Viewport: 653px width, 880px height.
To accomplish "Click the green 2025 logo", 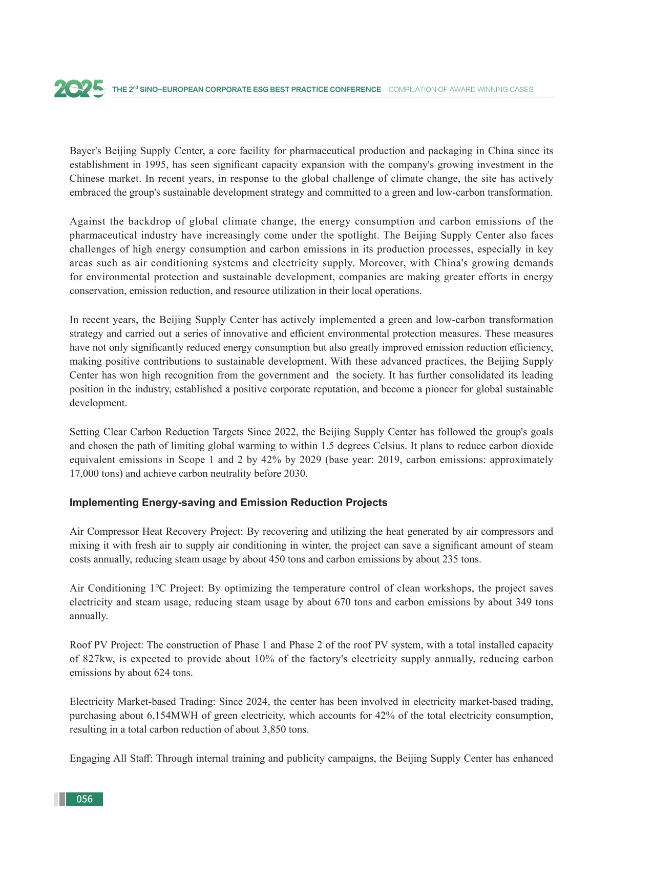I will (x=79, y=89).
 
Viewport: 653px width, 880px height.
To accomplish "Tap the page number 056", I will (x=85, y=799).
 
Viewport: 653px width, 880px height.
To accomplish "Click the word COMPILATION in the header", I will (x=410, y=90).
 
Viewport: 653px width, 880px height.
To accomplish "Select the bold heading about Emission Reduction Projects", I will (x=228, y=502).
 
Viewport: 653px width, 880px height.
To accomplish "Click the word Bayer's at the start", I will (x=85, y=151).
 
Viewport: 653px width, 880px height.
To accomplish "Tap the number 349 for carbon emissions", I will (x=520, y=602).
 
